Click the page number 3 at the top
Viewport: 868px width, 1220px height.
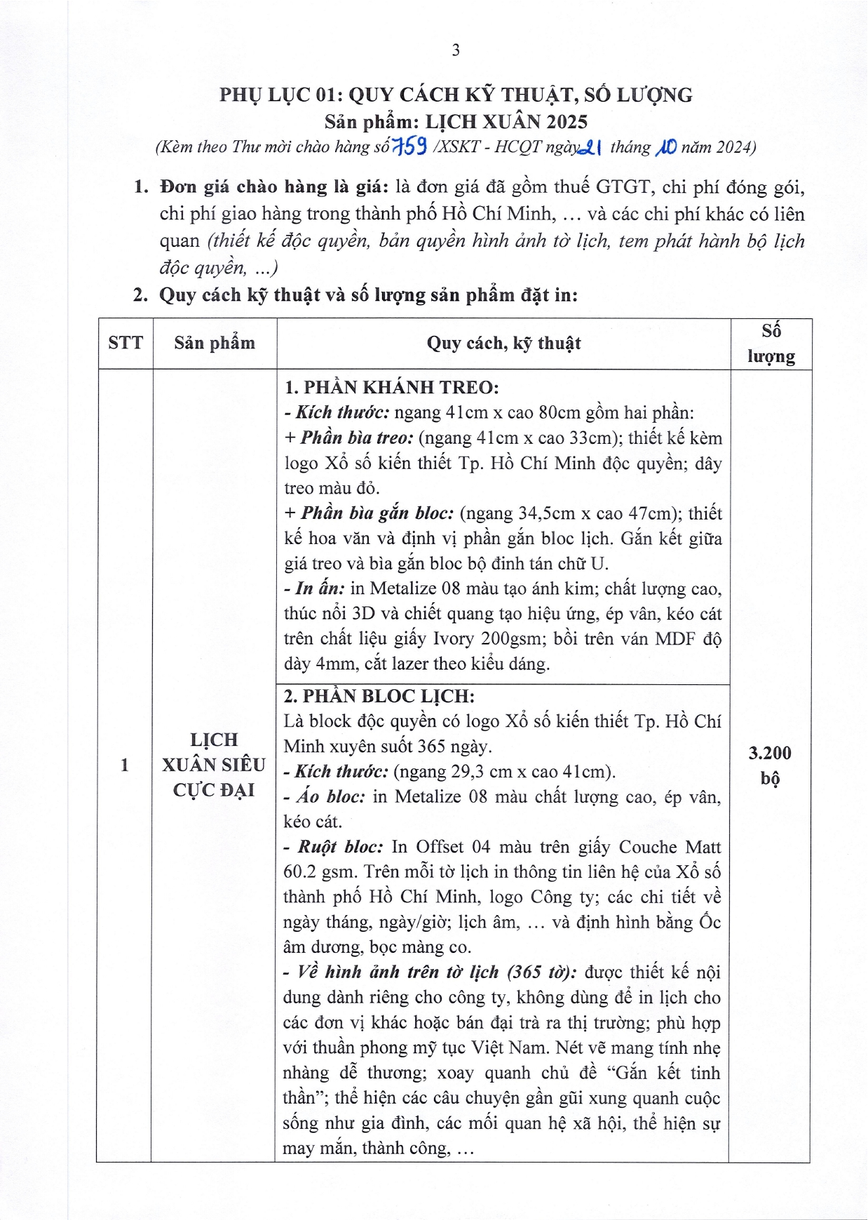coord(456,50)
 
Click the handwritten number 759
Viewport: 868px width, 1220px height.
coord(411,147)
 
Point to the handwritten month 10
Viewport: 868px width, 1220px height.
coord(666,147)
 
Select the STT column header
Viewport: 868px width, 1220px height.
coord(126,343)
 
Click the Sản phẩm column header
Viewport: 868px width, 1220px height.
coord(215,343)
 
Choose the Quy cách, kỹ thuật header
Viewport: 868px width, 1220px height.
coord(503,343)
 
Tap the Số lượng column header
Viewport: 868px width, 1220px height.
coord(771,344)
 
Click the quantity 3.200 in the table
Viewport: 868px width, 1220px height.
coord(770,753)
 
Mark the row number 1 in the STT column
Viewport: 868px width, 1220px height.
coord(125,764)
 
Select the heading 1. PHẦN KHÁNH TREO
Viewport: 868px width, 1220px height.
coord(392,387)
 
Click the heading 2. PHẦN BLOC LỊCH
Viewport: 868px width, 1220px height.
coord(379,696)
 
